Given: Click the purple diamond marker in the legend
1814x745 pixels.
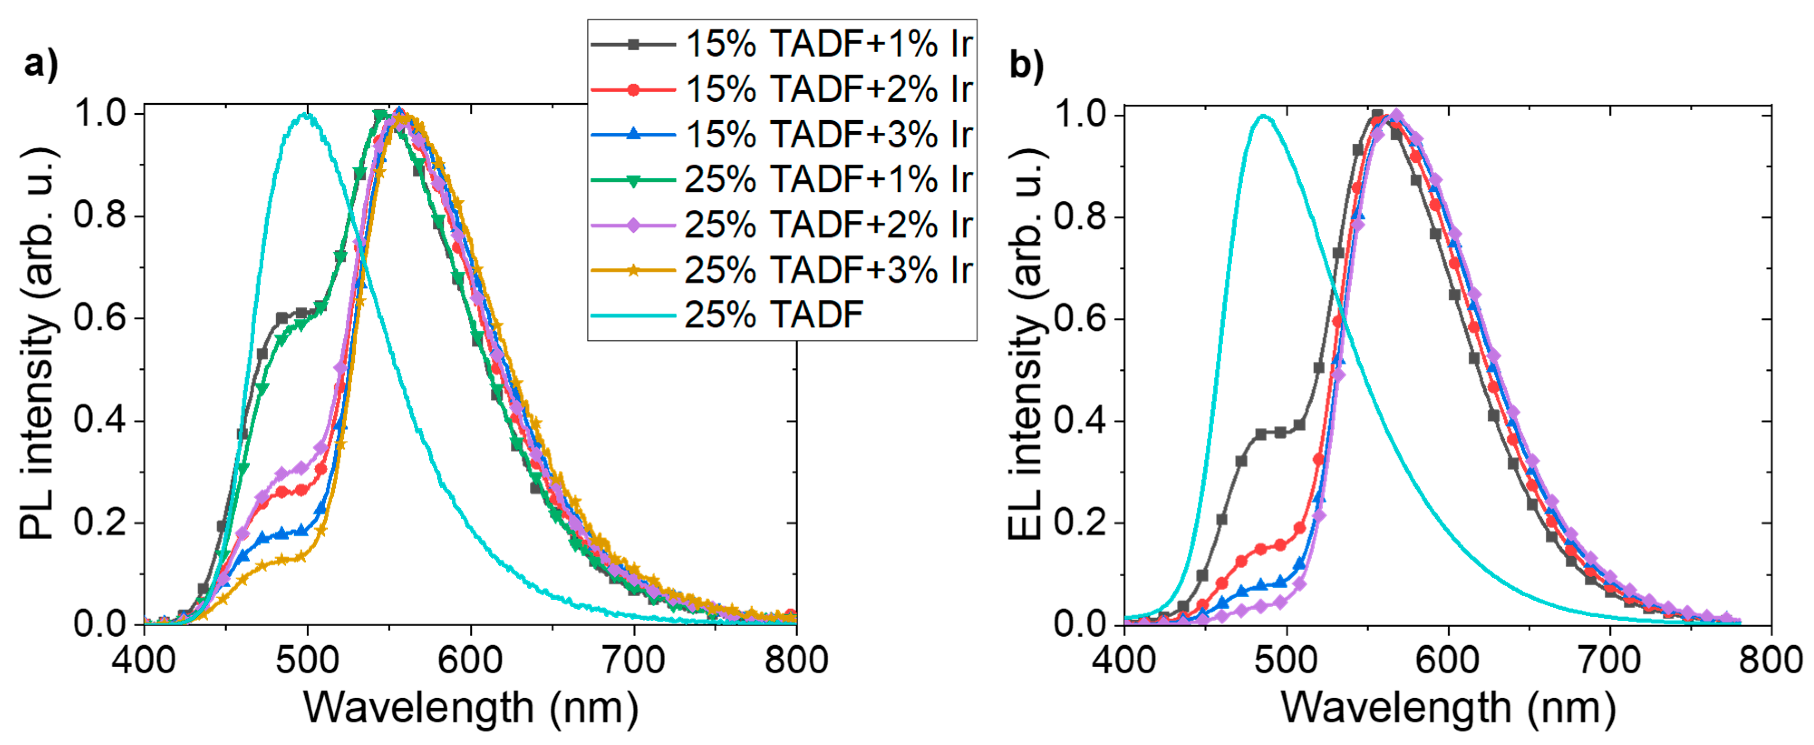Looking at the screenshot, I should point(633,225).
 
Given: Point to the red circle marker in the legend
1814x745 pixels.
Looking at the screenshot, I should point(633,89).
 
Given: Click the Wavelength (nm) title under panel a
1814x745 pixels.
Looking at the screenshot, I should point(470,708).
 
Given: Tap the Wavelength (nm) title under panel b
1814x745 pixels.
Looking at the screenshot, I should point(1448,708).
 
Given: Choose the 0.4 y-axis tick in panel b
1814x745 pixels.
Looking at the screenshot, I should point(1079,421).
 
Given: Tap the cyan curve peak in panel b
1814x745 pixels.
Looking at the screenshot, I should point(1264,116).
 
